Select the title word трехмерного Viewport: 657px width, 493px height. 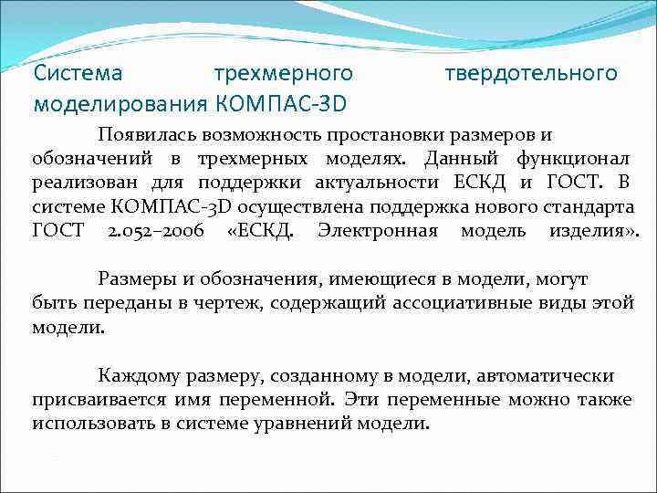(282, 72)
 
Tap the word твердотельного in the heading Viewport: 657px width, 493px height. (531, 72)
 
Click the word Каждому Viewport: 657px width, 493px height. (136, 375)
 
